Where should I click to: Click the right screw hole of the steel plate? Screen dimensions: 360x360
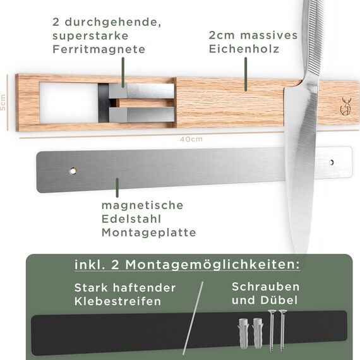pyautogui.click(x=332, y=163)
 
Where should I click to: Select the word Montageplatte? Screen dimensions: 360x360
pyautogui.click(x=148, y=232)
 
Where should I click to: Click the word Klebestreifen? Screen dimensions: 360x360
pyautogui.click(x=117, y=301)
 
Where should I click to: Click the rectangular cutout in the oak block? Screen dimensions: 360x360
pyautogui.click(x=66, y=103)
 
